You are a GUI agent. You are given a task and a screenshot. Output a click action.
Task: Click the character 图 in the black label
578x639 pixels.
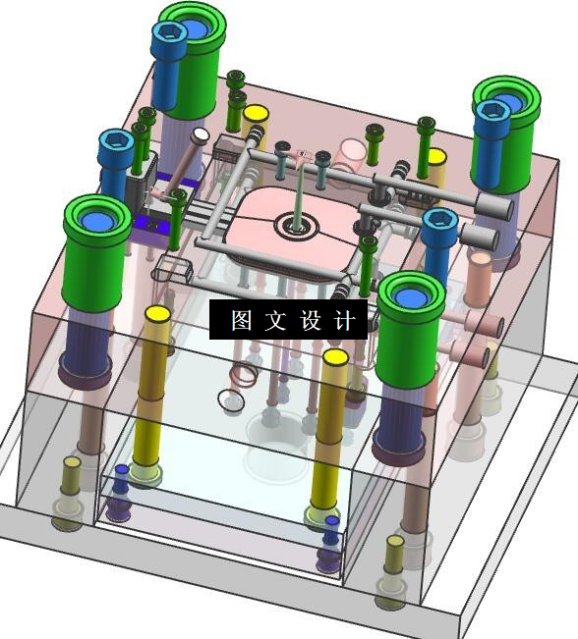click(241, 320)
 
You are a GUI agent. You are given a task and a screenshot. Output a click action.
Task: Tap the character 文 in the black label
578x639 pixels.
click(275, 320)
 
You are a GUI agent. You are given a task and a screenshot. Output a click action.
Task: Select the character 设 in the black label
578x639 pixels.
click(311, 320)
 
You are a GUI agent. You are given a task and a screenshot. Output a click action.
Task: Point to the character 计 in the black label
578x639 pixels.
click(344, 320)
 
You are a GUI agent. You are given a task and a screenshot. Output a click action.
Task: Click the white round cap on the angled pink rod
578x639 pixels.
click(201, 134)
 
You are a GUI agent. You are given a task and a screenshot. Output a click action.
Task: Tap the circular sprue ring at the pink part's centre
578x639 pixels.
click(297, 225)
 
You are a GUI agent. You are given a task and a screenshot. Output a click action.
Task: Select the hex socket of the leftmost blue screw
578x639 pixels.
click(117, 139)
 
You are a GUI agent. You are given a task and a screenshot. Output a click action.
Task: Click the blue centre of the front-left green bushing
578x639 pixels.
click(97, 221)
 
